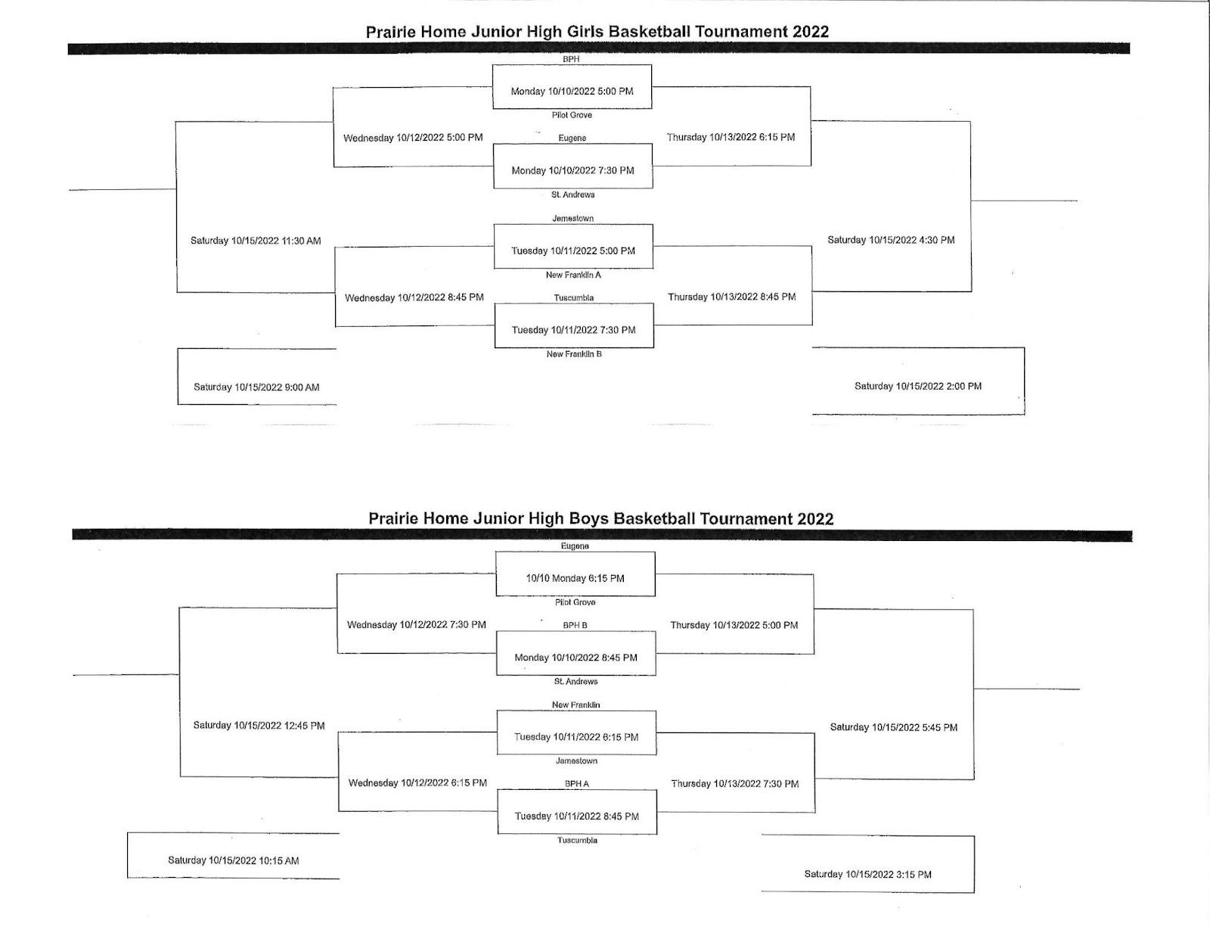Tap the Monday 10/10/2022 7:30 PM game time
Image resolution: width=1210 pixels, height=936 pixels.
(572, 170)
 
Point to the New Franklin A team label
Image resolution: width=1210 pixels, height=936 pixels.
(573, 275)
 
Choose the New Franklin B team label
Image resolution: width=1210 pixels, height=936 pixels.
(573, 354)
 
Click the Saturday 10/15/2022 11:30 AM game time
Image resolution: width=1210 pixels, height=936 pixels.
(256, 241)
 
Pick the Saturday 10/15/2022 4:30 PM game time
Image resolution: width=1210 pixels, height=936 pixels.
(891, 240)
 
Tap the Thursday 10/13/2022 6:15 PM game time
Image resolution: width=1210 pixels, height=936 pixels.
(731, 137)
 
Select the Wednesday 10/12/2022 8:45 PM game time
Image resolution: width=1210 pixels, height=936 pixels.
(414, 297)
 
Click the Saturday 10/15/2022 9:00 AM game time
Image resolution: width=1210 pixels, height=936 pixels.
(256, 387)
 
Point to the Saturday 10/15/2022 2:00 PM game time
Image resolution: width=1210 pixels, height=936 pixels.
(917, 386)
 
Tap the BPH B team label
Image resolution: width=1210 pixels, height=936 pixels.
(575, 625)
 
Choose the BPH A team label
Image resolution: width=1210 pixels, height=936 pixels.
(576, 783)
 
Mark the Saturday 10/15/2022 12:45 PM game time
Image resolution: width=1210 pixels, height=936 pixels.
(259, 726)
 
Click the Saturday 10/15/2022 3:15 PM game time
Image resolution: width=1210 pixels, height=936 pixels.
(867, 874)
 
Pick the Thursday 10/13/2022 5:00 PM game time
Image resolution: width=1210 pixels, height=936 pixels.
(734, 625)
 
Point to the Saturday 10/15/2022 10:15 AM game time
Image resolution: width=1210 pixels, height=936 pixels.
(234, 860)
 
